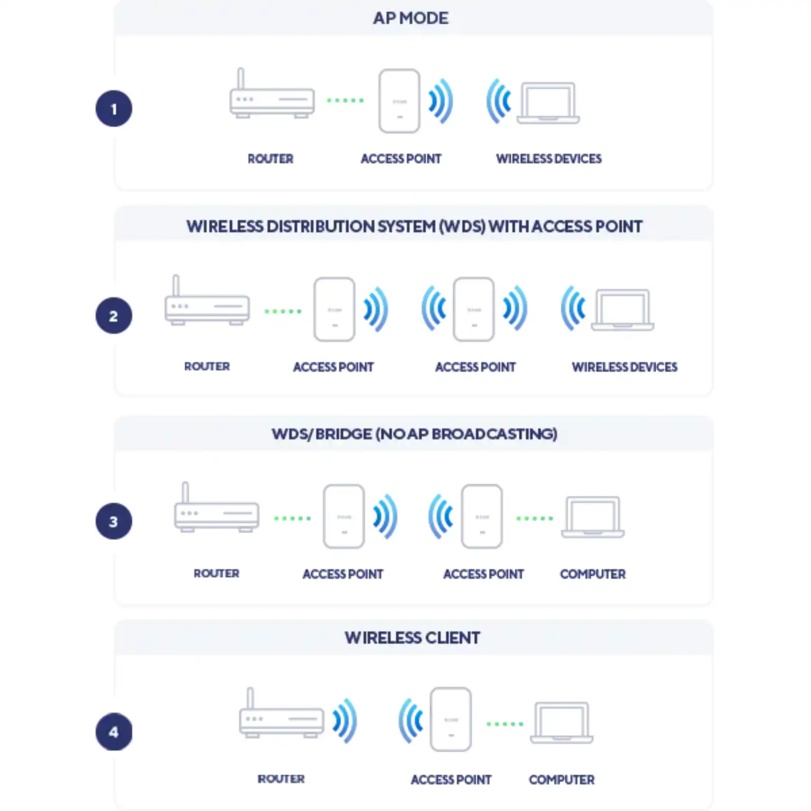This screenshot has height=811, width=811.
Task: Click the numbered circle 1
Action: coord(114,108)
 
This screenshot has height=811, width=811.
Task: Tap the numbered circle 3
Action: coord(114,521)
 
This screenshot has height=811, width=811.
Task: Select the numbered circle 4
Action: coord(114,731)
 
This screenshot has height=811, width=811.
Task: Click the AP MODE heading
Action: coord(411,18)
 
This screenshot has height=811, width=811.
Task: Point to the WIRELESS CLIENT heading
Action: coord(412,638)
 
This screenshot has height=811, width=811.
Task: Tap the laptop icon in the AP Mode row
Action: coord(548,103)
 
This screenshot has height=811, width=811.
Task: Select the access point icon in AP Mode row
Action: coord(399,101)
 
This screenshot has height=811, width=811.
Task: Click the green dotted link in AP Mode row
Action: coord(345,100)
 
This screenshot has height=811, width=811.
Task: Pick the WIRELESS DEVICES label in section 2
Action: coord(624,367)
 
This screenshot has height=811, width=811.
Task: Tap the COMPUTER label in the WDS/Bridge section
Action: coord(593,574)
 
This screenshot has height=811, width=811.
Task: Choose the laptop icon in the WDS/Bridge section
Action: coord(593,517)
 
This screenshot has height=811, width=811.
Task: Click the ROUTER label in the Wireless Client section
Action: coord(281,779)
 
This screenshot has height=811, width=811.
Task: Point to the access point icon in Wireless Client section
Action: coord(451,719)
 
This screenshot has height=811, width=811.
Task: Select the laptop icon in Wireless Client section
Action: coord(562,723)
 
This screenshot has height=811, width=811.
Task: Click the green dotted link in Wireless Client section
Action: coord(505,724)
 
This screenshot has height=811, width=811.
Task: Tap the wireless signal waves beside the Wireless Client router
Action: coord(345,720)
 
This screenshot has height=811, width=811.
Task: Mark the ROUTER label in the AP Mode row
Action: coord(270,159)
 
